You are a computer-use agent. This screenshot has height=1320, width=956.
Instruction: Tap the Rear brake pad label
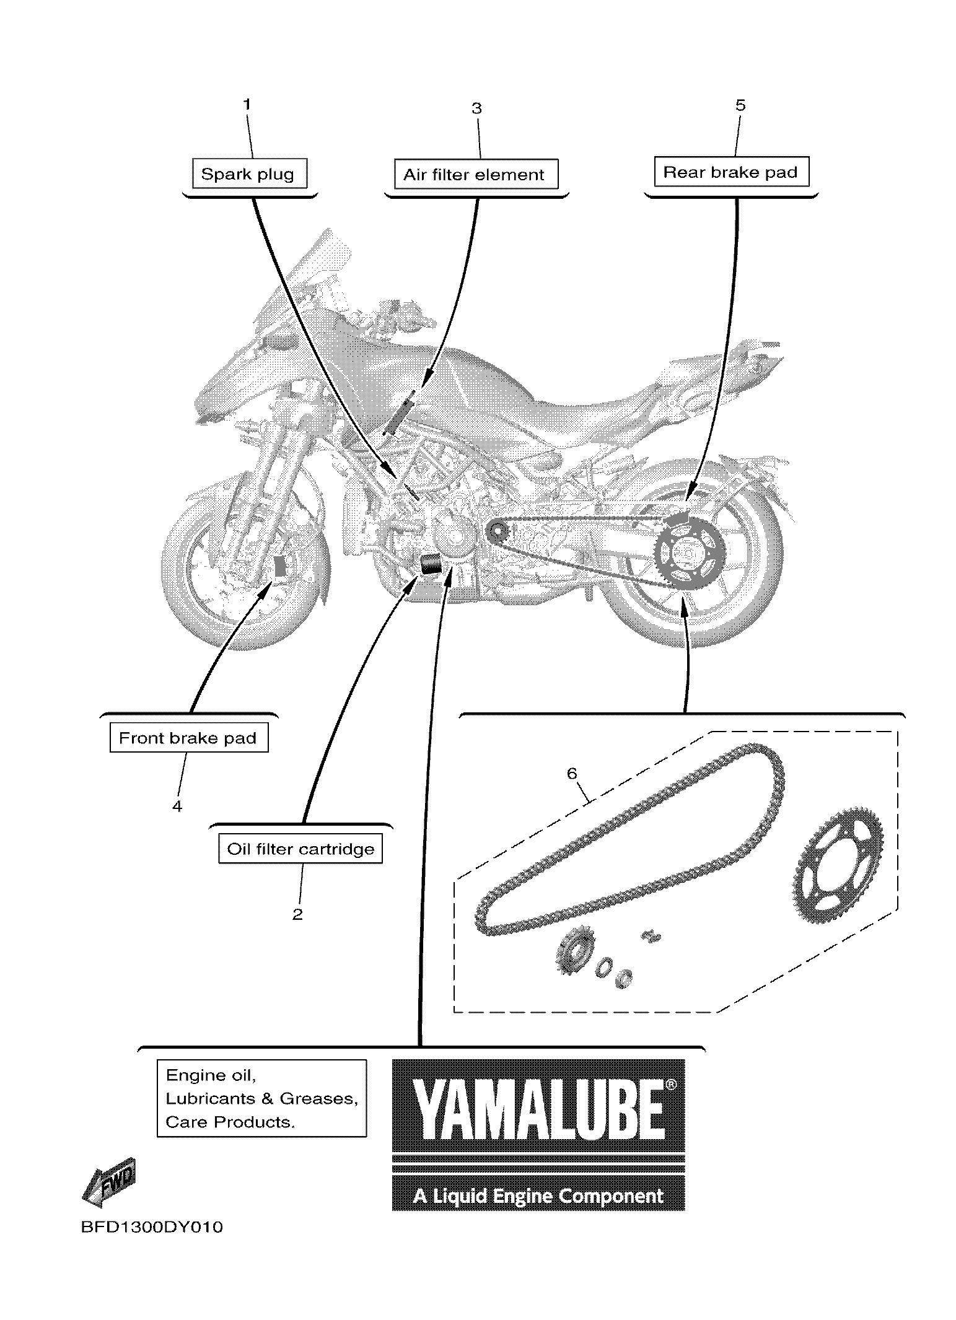730,172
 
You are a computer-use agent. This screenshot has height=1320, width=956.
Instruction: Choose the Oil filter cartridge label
300,849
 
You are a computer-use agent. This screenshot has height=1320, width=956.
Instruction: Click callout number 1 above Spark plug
247,104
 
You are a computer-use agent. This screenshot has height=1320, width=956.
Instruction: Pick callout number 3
476,108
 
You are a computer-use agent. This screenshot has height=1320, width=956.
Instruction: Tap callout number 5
740,105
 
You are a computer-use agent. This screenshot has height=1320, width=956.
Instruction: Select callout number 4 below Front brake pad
177,806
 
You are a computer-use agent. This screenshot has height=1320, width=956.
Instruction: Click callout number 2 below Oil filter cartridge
297,914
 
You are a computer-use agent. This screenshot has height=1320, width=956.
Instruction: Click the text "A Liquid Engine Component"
538,1195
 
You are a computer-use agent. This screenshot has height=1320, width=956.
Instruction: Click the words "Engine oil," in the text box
211,1075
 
